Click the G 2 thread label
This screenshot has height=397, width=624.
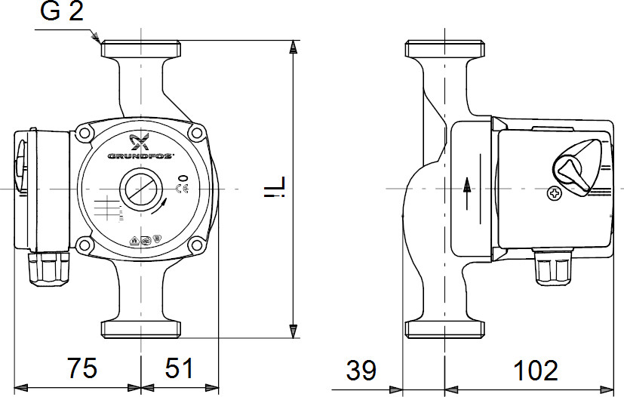click(61, 14)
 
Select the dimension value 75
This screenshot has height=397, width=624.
click(82, 369)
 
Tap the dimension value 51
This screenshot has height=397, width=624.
click(179, 369)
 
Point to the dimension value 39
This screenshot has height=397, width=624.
click(361, 370)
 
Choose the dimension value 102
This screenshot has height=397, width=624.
click(536, 370)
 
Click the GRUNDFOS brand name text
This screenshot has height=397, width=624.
click(140, 156)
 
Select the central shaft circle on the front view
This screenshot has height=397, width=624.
click(140, 186)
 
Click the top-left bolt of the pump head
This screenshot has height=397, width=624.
click(84, 134)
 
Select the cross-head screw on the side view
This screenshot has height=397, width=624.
click(555, 193)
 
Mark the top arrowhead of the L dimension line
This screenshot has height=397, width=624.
click(294, 47)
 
